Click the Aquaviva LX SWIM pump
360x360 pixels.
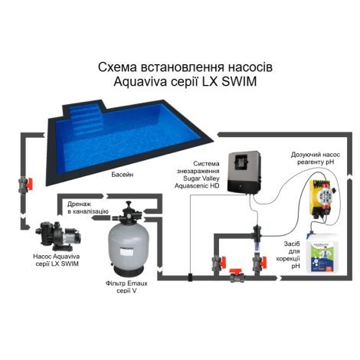point(58,236)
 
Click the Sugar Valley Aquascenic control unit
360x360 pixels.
point(244,172)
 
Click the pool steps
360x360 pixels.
point(87,120)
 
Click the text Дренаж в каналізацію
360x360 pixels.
point(88,208)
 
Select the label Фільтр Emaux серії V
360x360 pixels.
point(126,287)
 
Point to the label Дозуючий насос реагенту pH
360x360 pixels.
point(316,159)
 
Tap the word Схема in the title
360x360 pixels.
point(116,67)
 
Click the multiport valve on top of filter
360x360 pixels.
point(129,214)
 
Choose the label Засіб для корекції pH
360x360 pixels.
point(292,255)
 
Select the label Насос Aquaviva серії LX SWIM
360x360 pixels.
point(57,260)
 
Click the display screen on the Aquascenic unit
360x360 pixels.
point(241,163)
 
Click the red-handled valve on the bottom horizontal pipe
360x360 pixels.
point(236,276)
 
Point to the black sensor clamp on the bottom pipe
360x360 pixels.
point(190,277)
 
